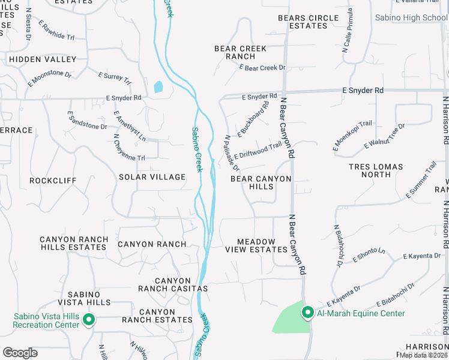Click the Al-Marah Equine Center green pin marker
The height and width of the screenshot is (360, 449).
307,312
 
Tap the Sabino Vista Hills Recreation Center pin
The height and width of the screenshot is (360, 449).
88,319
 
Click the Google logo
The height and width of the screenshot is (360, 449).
20,352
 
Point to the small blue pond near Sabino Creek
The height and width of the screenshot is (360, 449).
158,87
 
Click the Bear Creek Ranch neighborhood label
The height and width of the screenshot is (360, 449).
235,52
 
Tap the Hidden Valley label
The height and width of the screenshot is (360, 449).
43,59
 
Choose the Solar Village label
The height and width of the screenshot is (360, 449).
152,177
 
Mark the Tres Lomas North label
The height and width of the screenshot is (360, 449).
370,170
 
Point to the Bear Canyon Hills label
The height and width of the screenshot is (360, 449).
261,182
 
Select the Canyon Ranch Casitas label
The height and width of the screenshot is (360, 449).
173,284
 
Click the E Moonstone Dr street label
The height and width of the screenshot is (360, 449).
49,79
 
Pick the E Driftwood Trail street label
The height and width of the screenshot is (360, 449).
258,149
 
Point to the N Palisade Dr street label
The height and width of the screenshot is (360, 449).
232,152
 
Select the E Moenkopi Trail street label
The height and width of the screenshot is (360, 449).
352,136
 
